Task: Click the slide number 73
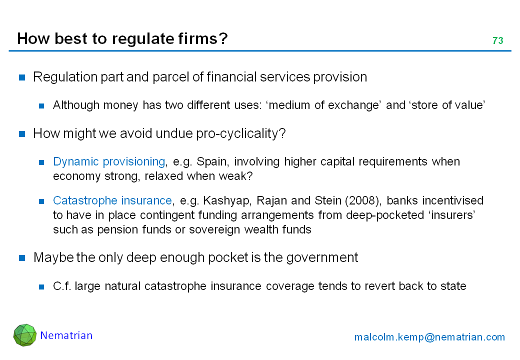(x=498, y=40)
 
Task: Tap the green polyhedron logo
(x=25, y=335)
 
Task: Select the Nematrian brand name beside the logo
(x=66, y=335)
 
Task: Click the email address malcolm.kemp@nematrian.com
(x=429, y=337)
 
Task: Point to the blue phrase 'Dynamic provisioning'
(x=109, y=162)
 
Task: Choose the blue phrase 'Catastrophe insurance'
(x=112, y=200)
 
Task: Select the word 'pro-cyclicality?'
(x=241, y=133)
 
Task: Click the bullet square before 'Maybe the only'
(x=22, y=258)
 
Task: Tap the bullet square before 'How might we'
(x=22, y=134)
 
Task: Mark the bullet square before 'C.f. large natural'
(x=41, y=286)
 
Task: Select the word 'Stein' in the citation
(x=328, y=200)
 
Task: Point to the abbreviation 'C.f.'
(x=62, y=286)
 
